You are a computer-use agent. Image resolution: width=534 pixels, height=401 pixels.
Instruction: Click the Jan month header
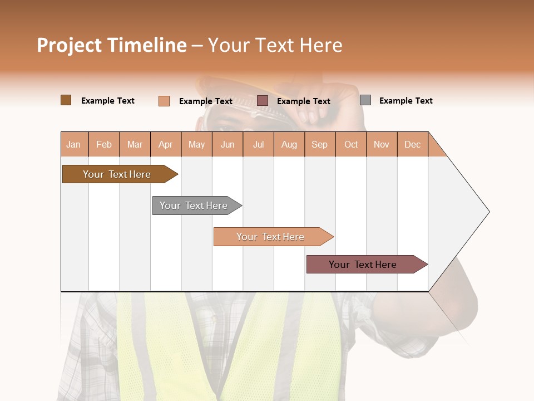click(73, 144)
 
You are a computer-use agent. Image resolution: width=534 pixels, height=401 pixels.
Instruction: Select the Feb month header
click(104, 144)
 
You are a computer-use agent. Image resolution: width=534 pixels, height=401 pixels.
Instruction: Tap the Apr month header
click(165, 144)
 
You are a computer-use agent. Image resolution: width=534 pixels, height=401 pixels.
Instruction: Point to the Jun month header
click(228, 144)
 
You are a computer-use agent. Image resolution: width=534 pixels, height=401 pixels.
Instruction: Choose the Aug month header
click(289, 144)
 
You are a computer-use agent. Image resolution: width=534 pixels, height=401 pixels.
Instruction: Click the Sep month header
click(319, 144)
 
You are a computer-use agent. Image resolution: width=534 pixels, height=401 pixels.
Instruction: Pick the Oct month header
click(351, 144)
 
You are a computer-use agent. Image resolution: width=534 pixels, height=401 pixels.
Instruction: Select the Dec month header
click(412, 144)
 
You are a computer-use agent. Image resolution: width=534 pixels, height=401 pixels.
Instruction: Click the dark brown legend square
click(66, 100)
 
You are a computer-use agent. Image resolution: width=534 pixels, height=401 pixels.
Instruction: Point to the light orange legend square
click(164, 101)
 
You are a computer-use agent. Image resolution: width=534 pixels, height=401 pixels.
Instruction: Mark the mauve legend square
click(263, 101)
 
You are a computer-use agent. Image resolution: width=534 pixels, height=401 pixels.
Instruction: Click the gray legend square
click(365, 100)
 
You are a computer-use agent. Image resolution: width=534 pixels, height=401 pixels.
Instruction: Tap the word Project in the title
click(70, 45)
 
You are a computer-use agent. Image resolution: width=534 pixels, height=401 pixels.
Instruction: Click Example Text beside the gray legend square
click(406, 101)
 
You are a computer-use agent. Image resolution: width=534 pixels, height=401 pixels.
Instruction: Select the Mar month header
click(135, 144)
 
